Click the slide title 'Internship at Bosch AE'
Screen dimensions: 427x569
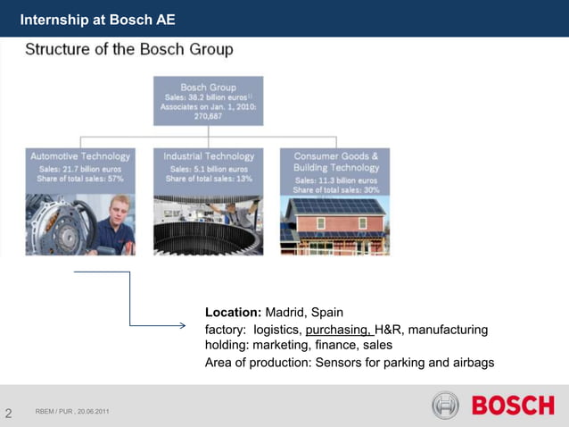(97, 19)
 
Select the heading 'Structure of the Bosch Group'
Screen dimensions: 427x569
(128, 49)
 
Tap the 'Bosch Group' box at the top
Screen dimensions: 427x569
(208, 88)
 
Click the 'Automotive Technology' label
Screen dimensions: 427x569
(80, 156)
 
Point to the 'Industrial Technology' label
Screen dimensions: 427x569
(208, 156)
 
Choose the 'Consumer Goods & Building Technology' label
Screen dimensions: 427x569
(335, 162)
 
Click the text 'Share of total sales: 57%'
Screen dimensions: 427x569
(81, 179)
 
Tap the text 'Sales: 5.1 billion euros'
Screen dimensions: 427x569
(209, 168)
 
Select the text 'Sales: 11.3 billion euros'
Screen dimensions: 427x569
(336, 180)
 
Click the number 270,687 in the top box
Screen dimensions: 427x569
(208, 115)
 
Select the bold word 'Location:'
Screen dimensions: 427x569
(233, 313)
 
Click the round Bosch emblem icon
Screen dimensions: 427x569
(445, 406)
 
